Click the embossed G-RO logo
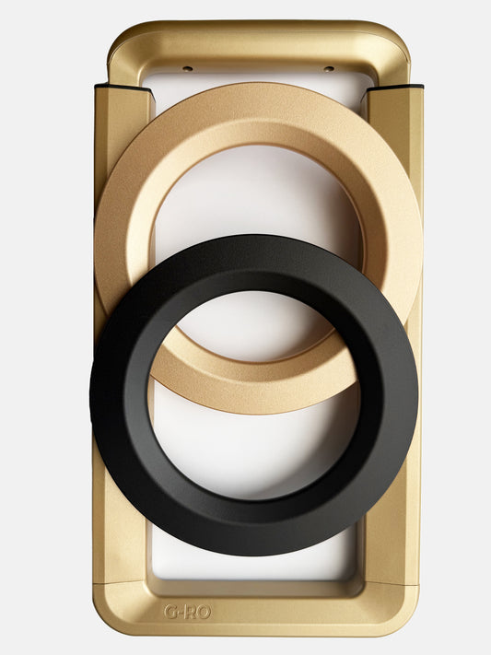click(186, 611)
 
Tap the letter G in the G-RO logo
click(170, 611)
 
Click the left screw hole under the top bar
click(187, 68)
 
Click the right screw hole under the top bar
click(327, 68)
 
